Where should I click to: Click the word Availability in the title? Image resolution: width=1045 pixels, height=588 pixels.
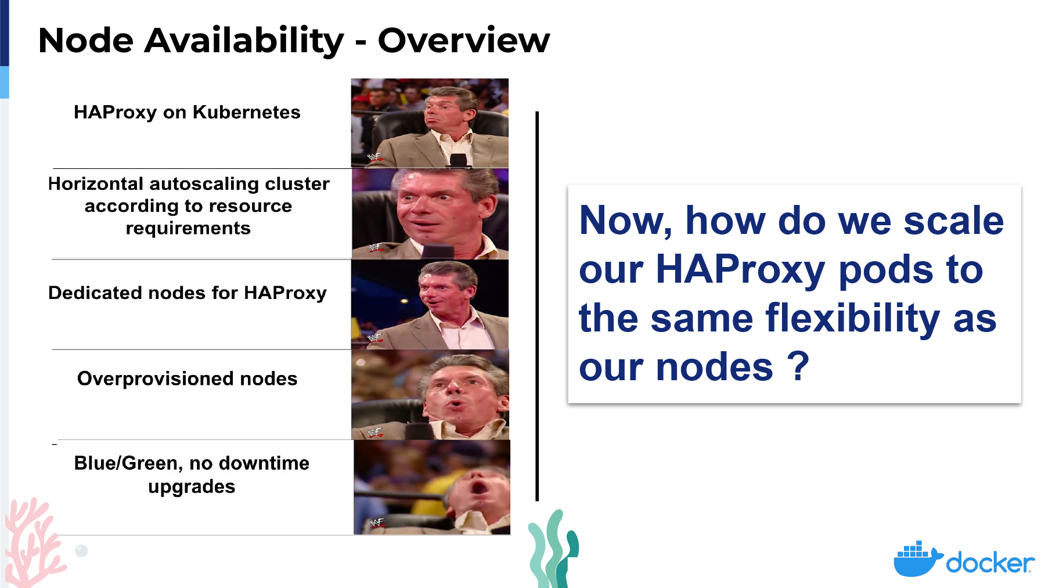244,41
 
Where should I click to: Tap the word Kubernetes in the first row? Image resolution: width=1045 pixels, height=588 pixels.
247,112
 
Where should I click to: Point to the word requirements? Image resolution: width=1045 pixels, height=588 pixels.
188,229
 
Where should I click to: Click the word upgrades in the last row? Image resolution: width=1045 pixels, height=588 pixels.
192,487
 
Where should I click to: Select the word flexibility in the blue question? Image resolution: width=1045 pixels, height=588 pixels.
852,319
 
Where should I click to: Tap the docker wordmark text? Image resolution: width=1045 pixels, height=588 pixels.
990,563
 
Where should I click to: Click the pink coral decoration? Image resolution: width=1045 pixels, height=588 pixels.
33,543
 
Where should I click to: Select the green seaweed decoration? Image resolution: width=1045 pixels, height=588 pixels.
553,549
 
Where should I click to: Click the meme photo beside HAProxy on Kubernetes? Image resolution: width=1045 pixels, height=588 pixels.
430,123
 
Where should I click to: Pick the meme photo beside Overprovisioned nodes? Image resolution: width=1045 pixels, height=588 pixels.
430,395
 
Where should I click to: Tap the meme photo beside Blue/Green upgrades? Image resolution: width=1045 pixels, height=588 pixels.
432,487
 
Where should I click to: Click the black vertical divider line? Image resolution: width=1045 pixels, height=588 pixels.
537,306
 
